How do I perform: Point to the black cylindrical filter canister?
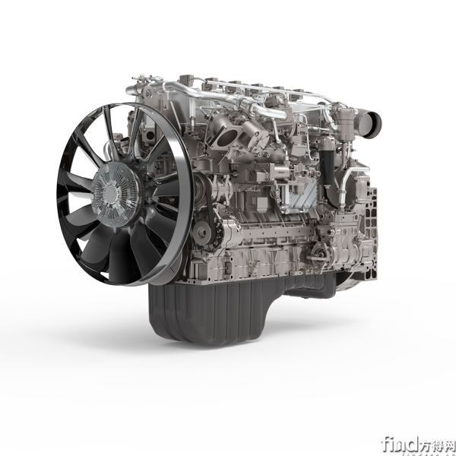327,167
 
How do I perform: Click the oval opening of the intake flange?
228,137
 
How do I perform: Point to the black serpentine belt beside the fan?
211,210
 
